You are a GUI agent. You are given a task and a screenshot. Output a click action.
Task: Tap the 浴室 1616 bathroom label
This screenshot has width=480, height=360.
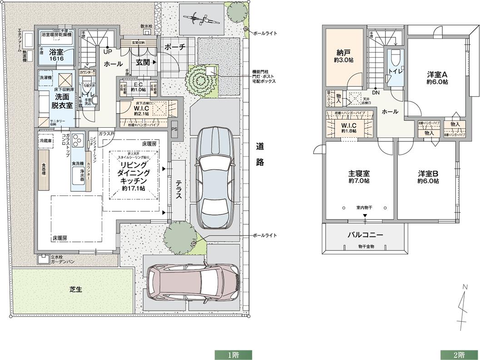pyautogui.click(x=56, y=53)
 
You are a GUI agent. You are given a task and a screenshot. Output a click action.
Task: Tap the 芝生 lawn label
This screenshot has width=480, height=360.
pyautogui.click(x=75, y=289)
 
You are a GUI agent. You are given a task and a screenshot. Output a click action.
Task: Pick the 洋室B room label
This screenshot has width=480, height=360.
pyautogui.click(x=428, y=177)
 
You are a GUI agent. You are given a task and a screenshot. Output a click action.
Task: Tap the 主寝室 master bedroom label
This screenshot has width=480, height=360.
pyautogui.click(x=359, y=177)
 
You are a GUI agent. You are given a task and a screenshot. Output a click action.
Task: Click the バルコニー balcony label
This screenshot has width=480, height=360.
pyautogui.click(x=365, y=235)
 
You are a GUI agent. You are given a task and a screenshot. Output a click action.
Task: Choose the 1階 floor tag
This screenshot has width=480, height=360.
pyautogui.click(x=233, y=354)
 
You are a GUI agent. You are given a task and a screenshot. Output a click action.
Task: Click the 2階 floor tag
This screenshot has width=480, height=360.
pyautogui.click(x=459, y=354)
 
